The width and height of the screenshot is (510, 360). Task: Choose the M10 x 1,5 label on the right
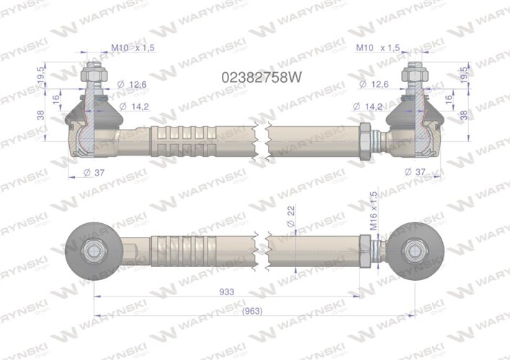[x=378, y=48]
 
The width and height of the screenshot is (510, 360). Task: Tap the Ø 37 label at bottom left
[x=94, y=171]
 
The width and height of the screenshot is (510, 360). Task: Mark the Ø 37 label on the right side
[x=417, y=171]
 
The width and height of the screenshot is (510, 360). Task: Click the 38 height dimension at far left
[x=40, y=114]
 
